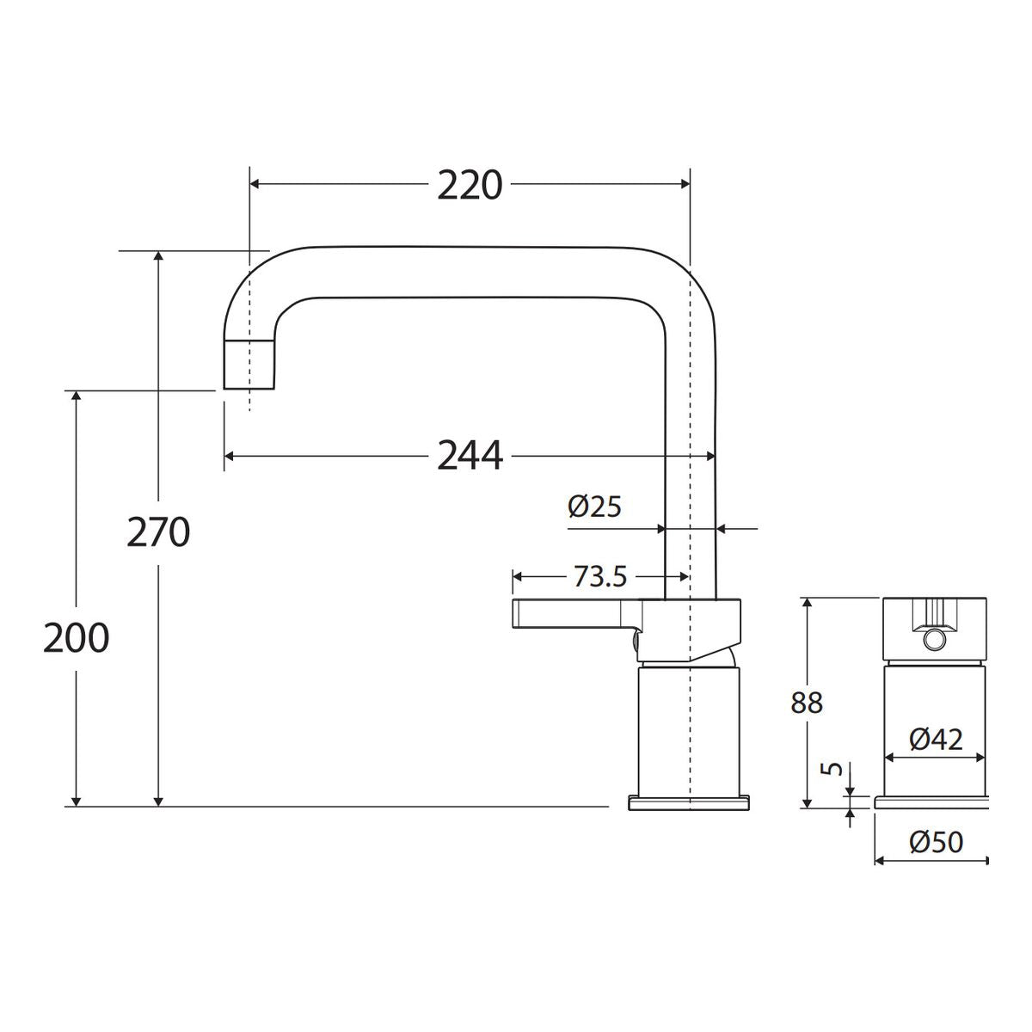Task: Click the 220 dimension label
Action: pos(470,185)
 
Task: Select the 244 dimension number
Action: pos(470,456)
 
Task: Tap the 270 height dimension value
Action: pos(158,531)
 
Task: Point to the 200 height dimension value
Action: pos(76,637)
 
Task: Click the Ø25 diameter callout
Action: pos(594,506)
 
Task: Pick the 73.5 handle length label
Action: pos(599,576)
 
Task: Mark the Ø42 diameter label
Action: pos(936,740)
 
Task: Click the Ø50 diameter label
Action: pos(936,843)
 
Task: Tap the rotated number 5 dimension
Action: pos(832,769)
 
